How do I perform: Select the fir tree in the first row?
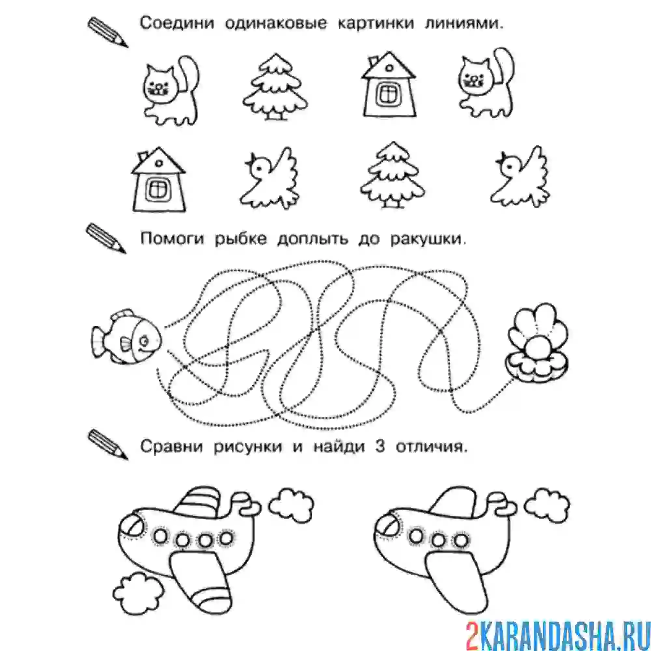tap(275, 87)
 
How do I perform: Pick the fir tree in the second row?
tap(393, 175)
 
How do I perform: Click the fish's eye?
tap(144, 341)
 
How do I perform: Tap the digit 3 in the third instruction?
tap(380, 447)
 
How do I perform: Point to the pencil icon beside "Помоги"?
tap(106, 239)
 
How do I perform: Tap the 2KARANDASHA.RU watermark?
tap(558, 633)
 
